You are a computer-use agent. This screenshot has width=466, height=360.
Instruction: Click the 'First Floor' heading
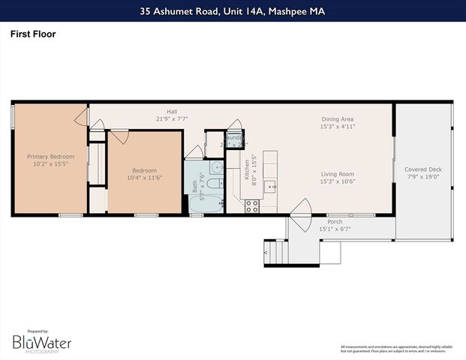pyautogui.click(x=33, y=34)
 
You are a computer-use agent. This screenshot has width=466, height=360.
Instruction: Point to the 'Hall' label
pyautogui.click(x=171, y=110)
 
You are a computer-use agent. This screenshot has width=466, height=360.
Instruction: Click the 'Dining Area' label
pyautogui.click(x=337, y=119)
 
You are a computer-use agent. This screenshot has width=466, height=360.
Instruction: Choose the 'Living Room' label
pyautogui.click(x=337, y=173)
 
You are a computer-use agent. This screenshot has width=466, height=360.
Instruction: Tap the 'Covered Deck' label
pyautogui.click(x=423, y=169)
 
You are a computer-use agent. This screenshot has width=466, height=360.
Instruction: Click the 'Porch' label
pyautogui.click(x=335, y=221)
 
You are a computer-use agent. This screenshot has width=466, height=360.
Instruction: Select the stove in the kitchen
pyautogui.click(x=252, y=205)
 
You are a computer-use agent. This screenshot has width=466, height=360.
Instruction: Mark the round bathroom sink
pyautogui.click(x=215, y=167)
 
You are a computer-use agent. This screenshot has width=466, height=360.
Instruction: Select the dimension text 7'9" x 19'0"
pyautogui.click(x=423, y=178)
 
